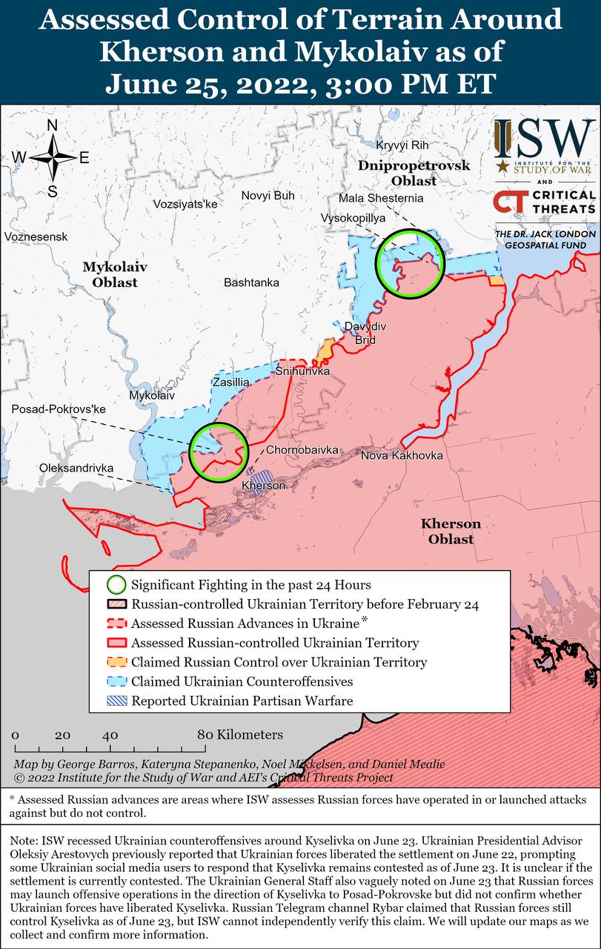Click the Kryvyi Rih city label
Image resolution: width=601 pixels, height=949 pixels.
(x=402, y=145)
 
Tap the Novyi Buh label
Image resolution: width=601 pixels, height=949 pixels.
(x=268, y=196)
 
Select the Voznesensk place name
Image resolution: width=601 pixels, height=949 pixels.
(x=36, y=237)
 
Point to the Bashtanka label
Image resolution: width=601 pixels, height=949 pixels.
(x=251, y=282)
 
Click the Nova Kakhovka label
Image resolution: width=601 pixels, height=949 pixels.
(x=402, y=454)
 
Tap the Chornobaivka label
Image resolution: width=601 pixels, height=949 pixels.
(x=302, y=450)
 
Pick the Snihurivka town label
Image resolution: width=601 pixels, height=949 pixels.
(x=302, y=371)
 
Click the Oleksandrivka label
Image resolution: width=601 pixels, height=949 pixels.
(x=76, y=469)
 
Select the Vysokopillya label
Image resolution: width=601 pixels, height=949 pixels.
(x=353, y=218)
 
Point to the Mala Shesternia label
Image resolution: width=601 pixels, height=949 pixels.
(x=381, y=199)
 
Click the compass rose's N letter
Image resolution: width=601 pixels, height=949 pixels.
(x=53, y=125)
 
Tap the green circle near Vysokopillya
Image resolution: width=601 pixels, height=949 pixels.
(x=409, y=263)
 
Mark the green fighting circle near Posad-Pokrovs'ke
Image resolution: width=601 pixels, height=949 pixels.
(x=218, y=452)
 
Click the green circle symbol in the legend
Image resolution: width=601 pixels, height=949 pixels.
(x=116, y=585)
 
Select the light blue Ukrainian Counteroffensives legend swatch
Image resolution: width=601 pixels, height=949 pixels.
(x=116, y=681)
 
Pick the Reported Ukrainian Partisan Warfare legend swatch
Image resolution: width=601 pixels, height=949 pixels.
(x=116, y=701)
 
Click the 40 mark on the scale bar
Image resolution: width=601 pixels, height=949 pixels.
(x=110, y=735)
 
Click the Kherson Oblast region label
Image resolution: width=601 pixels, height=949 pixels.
(x=451, y=532)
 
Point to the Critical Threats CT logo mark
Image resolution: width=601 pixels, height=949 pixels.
(x=510, y=203)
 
